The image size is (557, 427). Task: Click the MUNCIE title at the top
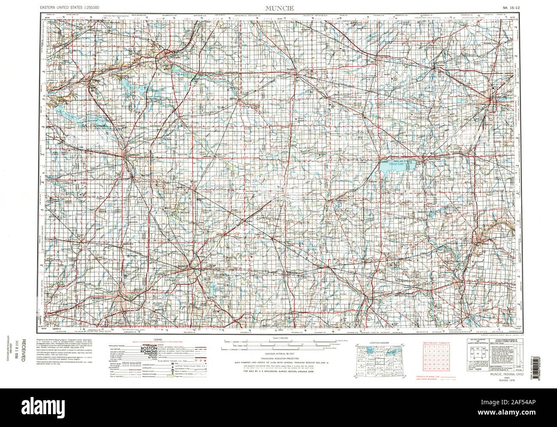click(279, 8)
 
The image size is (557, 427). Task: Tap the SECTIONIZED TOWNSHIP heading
click(436, 344)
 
